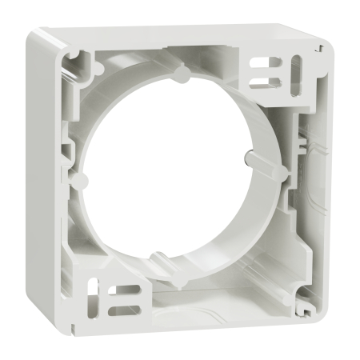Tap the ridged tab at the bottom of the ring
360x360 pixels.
click(x=164, y=261)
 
